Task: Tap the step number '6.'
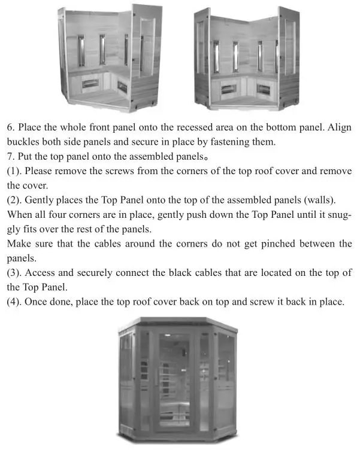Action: (11, 128)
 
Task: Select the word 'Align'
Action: (338, 128)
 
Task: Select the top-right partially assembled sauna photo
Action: (247, 60)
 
